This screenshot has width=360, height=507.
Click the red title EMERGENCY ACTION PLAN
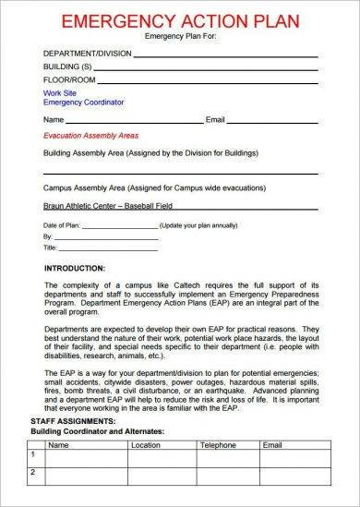tap(179, 20)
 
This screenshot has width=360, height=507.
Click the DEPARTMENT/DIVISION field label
tap(81, 53)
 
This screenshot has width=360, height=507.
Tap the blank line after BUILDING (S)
tap(212, 70)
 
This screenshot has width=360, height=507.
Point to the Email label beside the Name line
tap(215, 120)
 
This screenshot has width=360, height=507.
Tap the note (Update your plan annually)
tap(198, 225)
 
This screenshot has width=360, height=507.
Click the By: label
tap(49, 236)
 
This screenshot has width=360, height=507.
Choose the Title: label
tap(51, 247)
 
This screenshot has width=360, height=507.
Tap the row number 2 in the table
tap(32, 499)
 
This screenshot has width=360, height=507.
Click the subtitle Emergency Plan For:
tap(179, 37)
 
